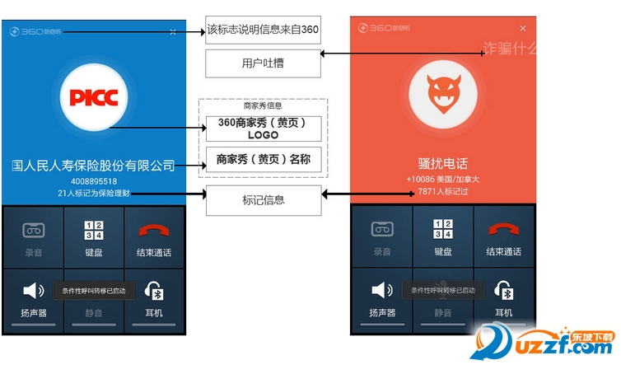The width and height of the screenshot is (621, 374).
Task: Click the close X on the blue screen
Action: click(x=172, y=31)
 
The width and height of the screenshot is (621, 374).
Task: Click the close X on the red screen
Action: click(x=522, y=28)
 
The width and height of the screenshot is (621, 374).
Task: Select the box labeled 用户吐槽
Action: click(x=263, y=63)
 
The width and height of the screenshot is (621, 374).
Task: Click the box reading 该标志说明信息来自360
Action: click(x=263, y=30)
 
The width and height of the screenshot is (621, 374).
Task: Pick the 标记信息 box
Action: click(x=263, y=199)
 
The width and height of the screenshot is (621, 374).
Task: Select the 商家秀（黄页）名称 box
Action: click(x=263, y=160)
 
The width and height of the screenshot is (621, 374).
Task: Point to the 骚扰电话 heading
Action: click(x=443, y=163)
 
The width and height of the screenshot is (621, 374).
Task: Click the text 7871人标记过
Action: click(x=443, y=192)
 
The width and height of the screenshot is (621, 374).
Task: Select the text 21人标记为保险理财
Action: click(x=93, y=193)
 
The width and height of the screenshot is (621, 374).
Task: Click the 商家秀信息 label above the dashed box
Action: click(x=263, y=105)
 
